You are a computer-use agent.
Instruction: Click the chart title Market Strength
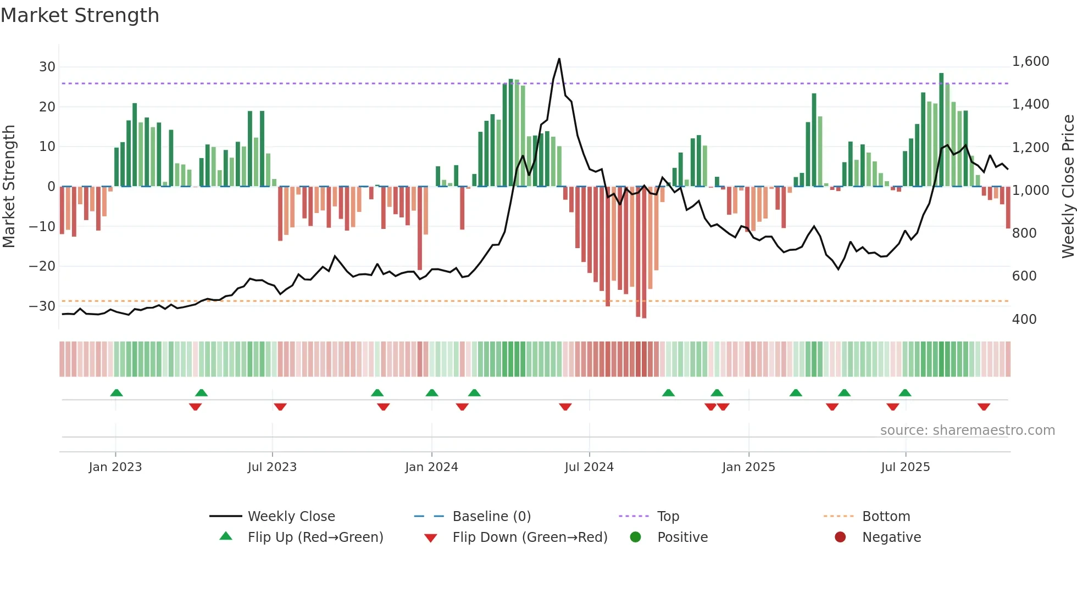pos(80,15)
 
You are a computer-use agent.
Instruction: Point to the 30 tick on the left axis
pos(47,67)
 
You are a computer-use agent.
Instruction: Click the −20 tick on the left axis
pos(42,266)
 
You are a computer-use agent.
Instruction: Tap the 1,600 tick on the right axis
pos(1030,61)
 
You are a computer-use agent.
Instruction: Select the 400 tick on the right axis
pos(1024,319)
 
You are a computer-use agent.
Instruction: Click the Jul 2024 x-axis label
pos(589,467)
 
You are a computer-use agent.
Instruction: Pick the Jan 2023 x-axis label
pos(115,467)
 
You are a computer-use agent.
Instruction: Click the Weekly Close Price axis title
pos(1068,187)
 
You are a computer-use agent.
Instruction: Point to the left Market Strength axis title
pos(9,187)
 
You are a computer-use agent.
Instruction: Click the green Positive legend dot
pos(635,537)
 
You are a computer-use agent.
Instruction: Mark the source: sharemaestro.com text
pos(967,430)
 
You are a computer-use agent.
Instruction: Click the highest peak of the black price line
pos(559,59)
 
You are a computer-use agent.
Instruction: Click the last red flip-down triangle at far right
pos(984,407)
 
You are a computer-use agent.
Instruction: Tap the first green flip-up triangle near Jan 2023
pos(116,393)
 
